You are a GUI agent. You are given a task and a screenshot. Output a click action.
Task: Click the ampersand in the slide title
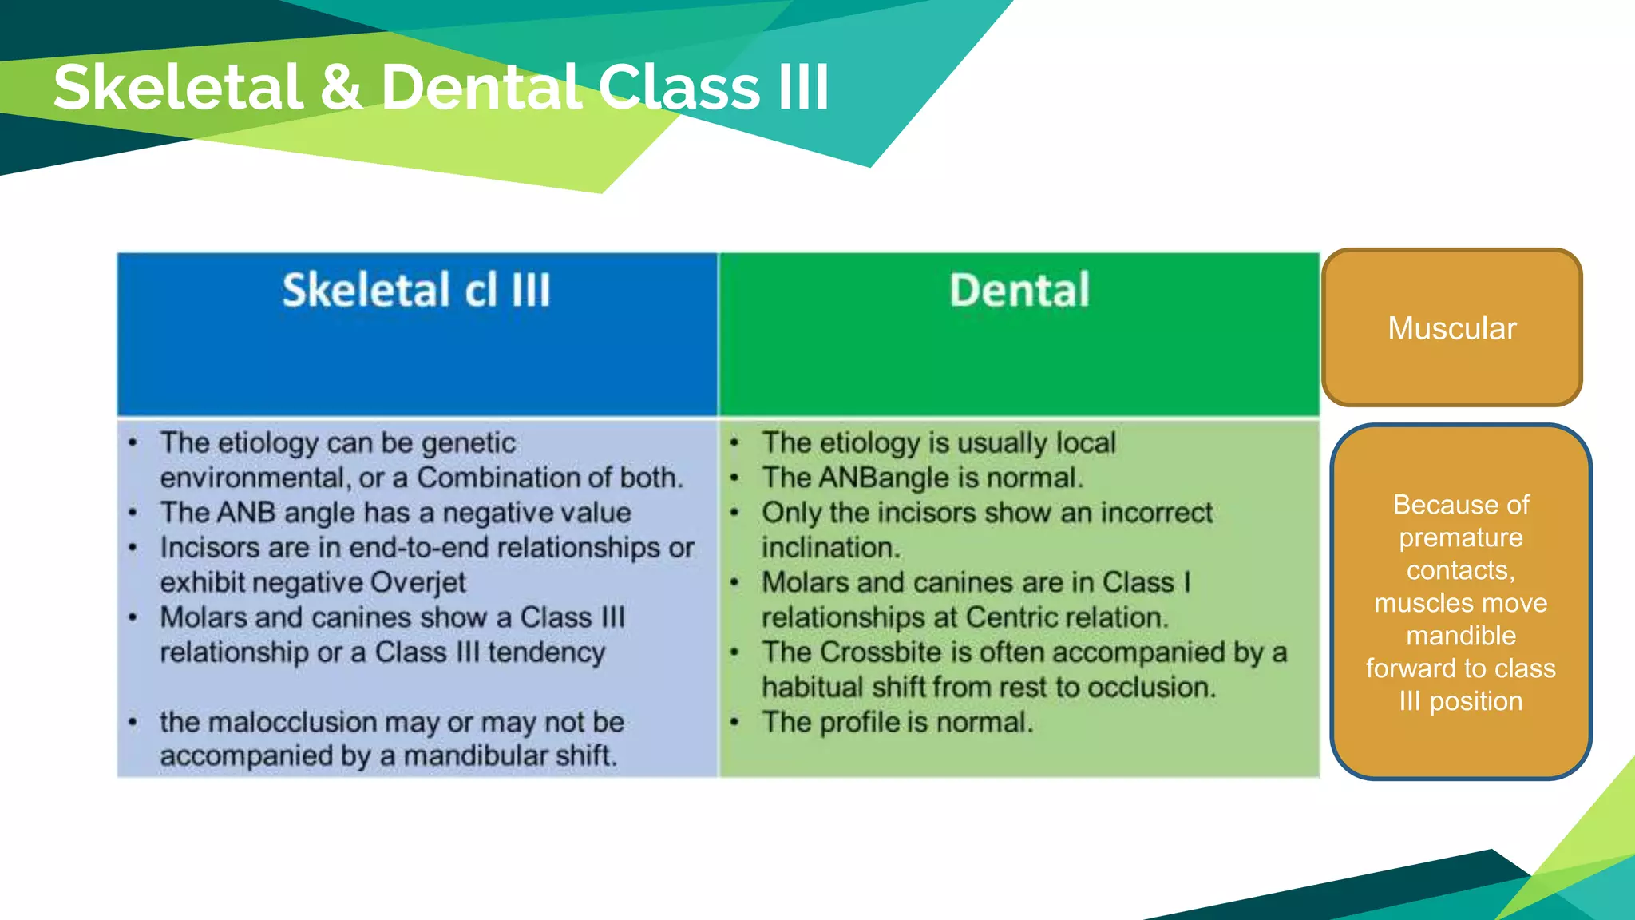click(341, 87)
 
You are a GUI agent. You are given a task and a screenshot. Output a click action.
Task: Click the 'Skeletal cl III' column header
click(416, 290)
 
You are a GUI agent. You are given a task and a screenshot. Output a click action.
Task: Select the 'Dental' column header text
click(1019, 290)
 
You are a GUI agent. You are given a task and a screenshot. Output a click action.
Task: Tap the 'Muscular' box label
click(1451, 328)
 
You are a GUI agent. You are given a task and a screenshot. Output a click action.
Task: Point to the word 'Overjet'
click(425, 582)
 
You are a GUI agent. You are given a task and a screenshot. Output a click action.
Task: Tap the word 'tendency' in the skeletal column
click(546, 652)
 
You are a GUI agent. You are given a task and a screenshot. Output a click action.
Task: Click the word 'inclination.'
click(830, 548)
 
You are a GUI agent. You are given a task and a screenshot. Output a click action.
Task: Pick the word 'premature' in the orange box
click(1460, 537)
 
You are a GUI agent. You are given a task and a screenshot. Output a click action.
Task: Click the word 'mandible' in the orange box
click(1460, 636)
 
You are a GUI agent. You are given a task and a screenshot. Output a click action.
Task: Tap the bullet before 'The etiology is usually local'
click(734, 443)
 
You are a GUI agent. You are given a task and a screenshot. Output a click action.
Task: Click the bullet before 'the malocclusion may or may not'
click(133, 723)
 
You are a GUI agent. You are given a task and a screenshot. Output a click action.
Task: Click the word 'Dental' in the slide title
click(481, 87)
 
